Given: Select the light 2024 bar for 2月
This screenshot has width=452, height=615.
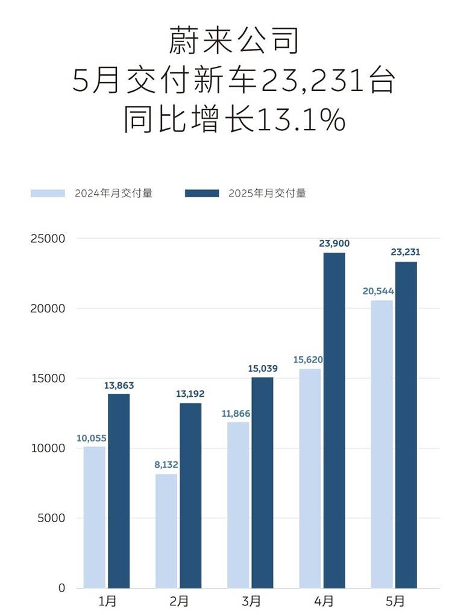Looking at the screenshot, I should [166, 531].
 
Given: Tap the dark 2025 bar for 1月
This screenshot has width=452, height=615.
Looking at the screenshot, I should [119, 491].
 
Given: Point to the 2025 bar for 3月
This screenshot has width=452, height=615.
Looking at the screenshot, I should [262, 482].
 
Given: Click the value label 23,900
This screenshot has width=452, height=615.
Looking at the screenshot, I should [334, 244].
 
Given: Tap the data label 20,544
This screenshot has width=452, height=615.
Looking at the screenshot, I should [378, 291].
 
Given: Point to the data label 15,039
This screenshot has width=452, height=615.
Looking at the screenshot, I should [262, 368].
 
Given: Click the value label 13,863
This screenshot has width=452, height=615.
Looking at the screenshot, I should [118, 385].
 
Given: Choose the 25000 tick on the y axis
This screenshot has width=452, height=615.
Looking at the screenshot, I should [48, 239].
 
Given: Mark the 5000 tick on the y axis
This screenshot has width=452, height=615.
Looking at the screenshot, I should [51, 518].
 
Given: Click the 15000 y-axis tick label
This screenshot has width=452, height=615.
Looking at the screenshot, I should [48, 379].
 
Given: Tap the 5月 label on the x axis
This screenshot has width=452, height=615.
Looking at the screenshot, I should [395, 601].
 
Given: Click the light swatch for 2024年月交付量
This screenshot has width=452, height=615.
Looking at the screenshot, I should [48, 194].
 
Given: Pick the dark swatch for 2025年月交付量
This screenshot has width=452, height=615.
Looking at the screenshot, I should [202, 194].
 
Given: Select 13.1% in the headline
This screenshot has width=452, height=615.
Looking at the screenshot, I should [301, 120].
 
